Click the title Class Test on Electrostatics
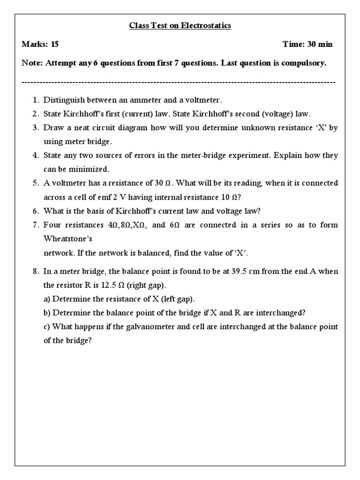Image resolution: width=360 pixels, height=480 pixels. coord(180,26)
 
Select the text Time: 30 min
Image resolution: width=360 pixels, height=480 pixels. coord(307,45)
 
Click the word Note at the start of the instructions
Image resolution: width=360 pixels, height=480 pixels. coord(31,63)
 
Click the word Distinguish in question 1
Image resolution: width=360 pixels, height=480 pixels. coord(62,100)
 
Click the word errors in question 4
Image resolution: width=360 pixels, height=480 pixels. coord(149,155)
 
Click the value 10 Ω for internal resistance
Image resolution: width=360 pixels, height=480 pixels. coord(229,197)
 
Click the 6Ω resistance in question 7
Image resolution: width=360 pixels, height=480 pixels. coord(175,225)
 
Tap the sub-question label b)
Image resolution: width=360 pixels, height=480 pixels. coord(47,313)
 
